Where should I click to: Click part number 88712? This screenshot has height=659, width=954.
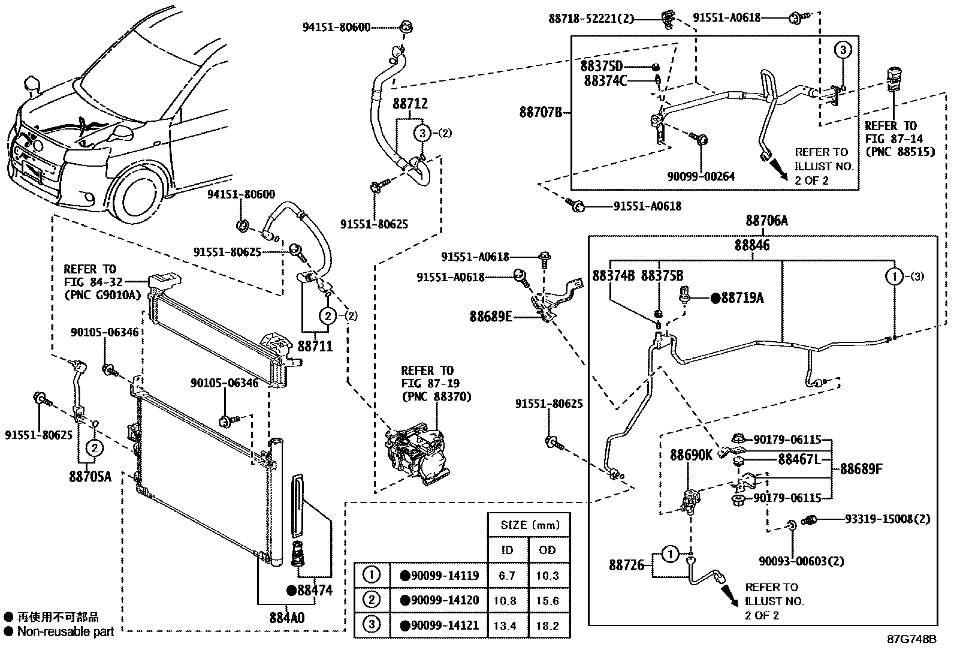[x=410, y=103]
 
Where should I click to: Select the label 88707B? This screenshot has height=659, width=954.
[x=540, y=112]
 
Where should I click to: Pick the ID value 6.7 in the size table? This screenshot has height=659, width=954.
[x=507, y=576]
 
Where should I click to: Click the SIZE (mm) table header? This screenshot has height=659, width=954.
[x=529, y=525]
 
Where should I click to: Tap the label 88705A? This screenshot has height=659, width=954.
[x=90, y=477]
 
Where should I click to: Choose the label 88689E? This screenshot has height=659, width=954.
[x=491, y=316]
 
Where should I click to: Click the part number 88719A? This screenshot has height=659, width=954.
[x=742, y=297]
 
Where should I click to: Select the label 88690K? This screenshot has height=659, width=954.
[x=691, y=455]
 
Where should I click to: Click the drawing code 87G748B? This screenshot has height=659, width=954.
[x=911, y=639]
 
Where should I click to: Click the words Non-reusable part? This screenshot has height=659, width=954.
[x=65, y=631]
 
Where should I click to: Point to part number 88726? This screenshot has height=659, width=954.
[x=627, y=565]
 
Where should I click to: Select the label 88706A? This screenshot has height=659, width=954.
[x=766, y=221]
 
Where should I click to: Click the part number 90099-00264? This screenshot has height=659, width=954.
[x=701, y=176]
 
